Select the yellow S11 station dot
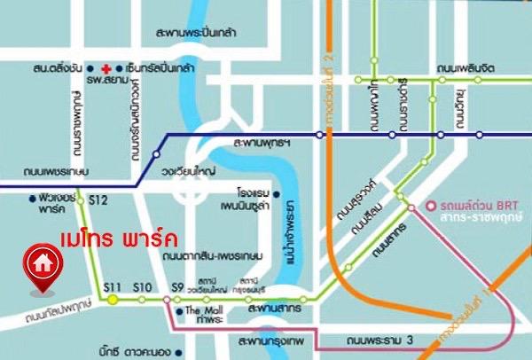pyautogui.click(x=113, y=300)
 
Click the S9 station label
pyautogui.click(x=176, y=286)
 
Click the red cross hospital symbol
pyautogui.click(x=106, y=68)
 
